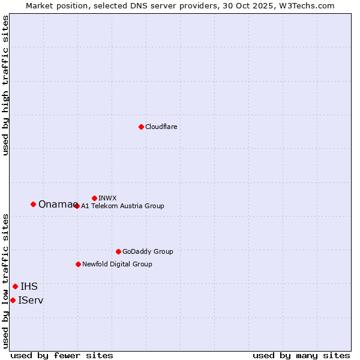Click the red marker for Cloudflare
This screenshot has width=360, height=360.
point(141,127)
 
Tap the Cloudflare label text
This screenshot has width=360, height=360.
point(161,127)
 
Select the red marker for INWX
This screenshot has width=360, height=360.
point(94,198)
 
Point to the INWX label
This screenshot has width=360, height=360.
point(107,198)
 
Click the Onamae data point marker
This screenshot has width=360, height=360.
point(33,204)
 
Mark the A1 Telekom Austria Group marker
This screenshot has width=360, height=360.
point(77,206)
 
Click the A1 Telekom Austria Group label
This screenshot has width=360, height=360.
point(122,206)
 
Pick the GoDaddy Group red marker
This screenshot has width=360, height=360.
point(118,251)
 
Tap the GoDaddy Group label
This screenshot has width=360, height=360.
point(148,252)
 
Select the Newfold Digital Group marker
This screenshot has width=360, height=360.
point(78,264)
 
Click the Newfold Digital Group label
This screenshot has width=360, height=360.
point(117,265)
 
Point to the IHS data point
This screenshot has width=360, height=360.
point(15,286)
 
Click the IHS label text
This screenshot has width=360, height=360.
point(29,287)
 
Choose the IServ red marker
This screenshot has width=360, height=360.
point(13,300)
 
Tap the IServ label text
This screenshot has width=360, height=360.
point(31,301)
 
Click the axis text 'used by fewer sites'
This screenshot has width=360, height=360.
point(62,356)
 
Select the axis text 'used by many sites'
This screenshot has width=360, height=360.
point(301,356)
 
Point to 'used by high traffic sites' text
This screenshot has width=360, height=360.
point(6,85)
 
